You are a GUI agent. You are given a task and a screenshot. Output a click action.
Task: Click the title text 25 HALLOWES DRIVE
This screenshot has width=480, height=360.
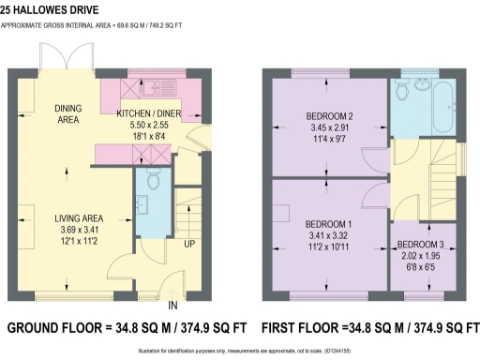click(59, 12)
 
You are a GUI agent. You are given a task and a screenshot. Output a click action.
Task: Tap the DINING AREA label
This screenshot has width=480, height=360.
click(67, 114)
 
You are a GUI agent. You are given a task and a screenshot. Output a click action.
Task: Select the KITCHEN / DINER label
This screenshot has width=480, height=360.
click(149, 113)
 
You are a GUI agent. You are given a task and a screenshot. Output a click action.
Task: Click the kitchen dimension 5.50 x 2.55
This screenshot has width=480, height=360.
click(149, 125)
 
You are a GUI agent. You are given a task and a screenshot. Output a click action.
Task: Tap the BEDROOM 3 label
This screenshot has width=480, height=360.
click(424, 245)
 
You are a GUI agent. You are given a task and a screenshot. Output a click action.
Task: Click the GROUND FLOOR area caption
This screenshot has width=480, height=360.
click(127, 329)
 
